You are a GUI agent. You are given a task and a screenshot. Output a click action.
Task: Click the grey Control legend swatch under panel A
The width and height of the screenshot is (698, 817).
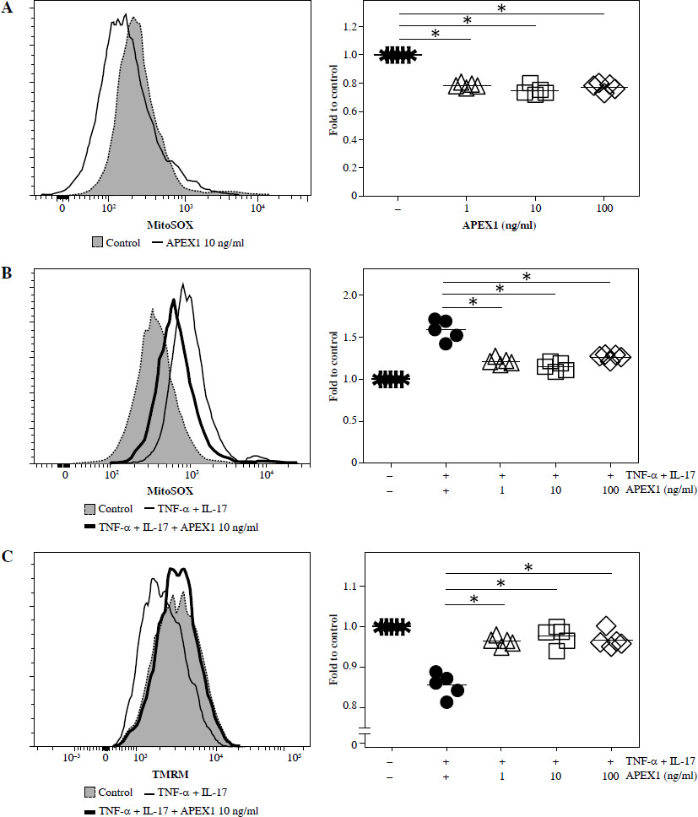coord(97,242)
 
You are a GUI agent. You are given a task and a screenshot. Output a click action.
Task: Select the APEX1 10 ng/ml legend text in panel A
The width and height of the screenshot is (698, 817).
coord(200,242)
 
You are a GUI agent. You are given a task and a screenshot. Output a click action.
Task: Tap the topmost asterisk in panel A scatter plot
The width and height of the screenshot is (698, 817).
coord(501,9)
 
